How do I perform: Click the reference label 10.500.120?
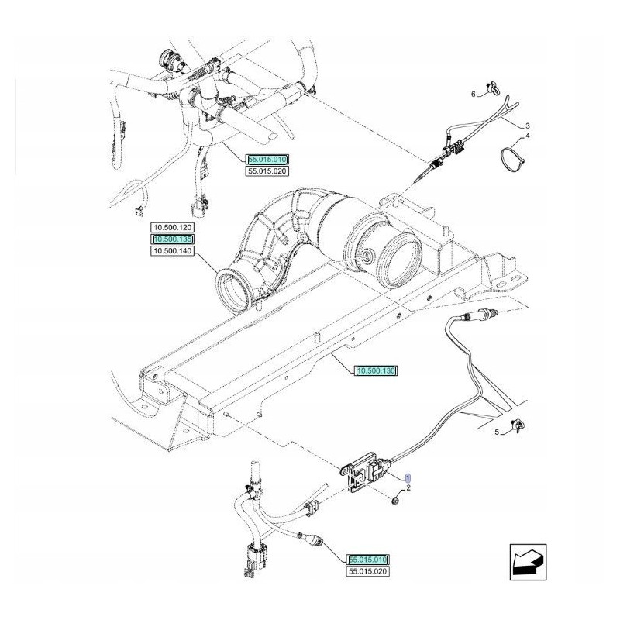(173, 228)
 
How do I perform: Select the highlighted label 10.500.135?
(173, 240)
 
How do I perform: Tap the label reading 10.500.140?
(173, 253)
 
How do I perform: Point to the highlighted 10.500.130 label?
(377, 372)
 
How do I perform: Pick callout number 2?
(408, 488)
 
